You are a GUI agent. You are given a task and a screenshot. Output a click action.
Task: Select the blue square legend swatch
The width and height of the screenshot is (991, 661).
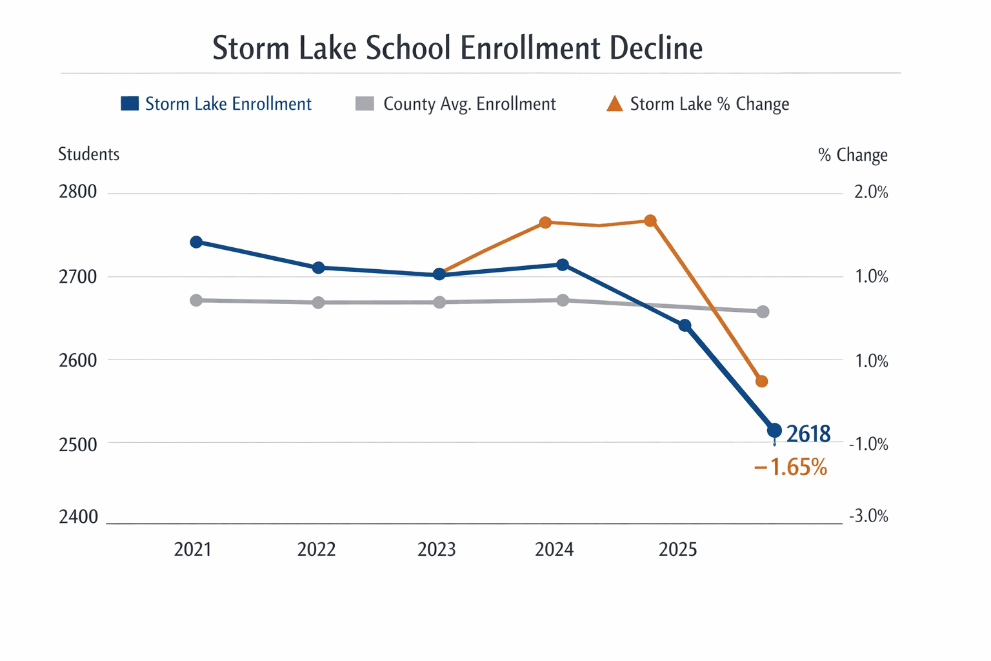(x=130, y=104)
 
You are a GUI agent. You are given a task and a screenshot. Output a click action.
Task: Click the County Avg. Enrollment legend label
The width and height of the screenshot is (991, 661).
(x=469, y=104)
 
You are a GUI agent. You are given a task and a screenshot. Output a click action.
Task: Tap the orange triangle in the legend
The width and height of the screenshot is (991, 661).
(x=615, y=104)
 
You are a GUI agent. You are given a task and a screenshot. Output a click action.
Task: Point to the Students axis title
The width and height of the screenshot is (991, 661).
(x=88, y=154)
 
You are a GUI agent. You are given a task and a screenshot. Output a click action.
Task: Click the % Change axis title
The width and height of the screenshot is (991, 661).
(x=852, y=155)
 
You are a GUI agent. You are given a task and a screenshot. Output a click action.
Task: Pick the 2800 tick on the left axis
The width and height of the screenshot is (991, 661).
(x=77, y=192)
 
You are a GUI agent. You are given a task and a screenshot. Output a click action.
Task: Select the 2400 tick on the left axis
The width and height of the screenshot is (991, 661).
(x=78, y=517)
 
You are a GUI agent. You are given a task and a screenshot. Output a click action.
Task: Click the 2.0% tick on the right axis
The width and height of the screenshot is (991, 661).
(x=870, y=192)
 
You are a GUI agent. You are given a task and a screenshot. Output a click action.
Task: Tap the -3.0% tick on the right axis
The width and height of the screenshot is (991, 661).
(x=868, y=516)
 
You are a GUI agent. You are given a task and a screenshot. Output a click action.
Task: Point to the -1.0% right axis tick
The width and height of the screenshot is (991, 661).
(x=868, y=444)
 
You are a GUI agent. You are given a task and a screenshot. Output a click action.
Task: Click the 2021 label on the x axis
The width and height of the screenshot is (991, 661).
(x=193, y=549)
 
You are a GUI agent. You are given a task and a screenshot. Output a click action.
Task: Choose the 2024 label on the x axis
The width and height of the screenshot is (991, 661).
(x=554, y=549)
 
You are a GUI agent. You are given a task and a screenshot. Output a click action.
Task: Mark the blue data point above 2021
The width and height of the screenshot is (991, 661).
(x=197, y=242)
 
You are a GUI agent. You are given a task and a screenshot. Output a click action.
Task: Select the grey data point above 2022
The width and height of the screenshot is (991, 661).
(x=318, y=302)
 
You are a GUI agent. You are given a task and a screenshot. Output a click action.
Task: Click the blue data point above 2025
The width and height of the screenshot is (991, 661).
(x=685, y=325)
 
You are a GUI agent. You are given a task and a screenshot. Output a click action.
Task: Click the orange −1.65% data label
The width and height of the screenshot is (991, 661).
(x=790, y=467)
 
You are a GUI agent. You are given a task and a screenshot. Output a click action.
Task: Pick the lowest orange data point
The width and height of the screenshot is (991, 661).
(x=761, y=381)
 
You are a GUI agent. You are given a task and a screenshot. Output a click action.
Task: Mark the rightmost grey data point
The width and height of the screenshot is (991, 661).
(x=763, y=312)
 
